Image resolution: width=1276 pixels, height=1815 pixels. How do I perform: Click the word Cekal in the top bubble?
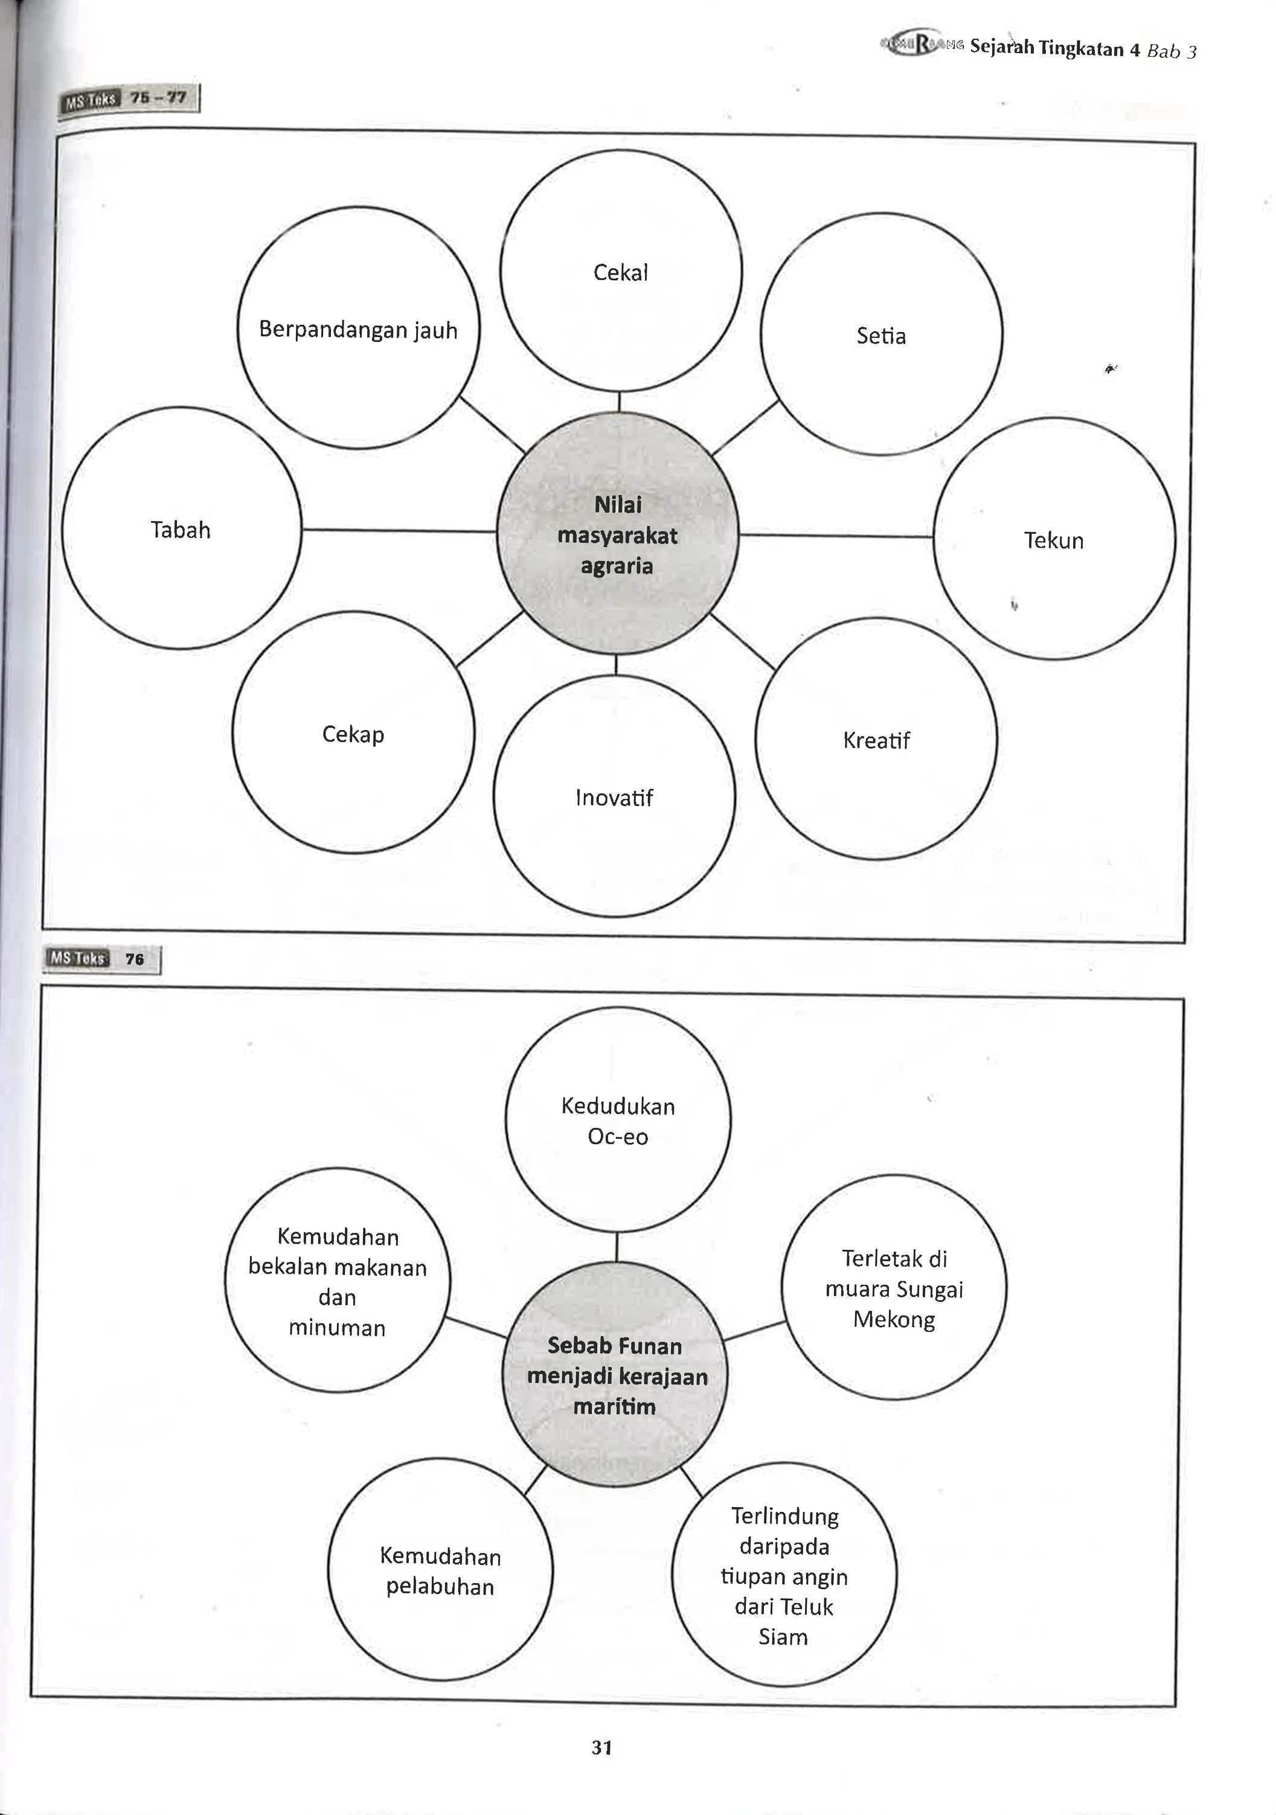tap(621, 273)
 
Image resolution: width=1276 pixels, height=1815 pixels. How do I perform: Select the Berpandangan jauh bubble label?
tap(358, 330)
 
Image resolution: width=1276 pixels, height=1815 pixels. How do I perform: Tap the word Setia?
tap(880, 336)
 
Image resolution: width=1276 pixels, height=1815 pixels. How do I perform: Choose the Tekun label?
tap(1054, 541)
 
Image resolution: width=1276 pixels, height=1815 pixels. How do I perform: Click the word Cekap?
tap(353, 734)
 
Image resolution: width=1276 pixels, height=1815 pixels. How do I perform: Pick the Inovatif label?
tap(614, 798)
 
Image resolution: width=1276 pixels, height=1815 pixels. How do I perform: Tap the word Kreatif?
tap(876, 741)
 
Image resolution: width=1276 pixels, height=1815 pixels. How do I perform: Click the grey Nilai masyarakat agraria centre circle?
tap(617, 533)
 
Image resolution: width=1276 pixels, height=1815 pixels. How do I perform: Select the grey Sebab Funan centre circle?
tap(615, 1375)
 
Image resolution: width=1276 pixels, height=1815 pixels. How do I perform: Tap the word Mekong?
tap(894, 1319)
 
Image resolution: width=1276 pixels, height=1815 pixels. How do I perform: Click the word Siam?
tap(783, 1636)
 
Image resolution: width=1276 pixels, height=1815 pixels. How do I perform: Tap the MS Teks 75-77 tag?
tap(129, 99)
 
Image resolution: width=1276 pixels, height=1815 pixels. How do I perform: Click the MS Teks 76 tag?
tap(102, 959)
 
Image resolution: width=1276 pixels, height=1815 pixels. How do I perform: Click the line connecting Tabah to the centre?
tap(399, 530)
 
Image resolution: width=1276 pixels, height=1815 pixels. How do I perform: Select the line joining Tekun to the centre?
tap(836, 536)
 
